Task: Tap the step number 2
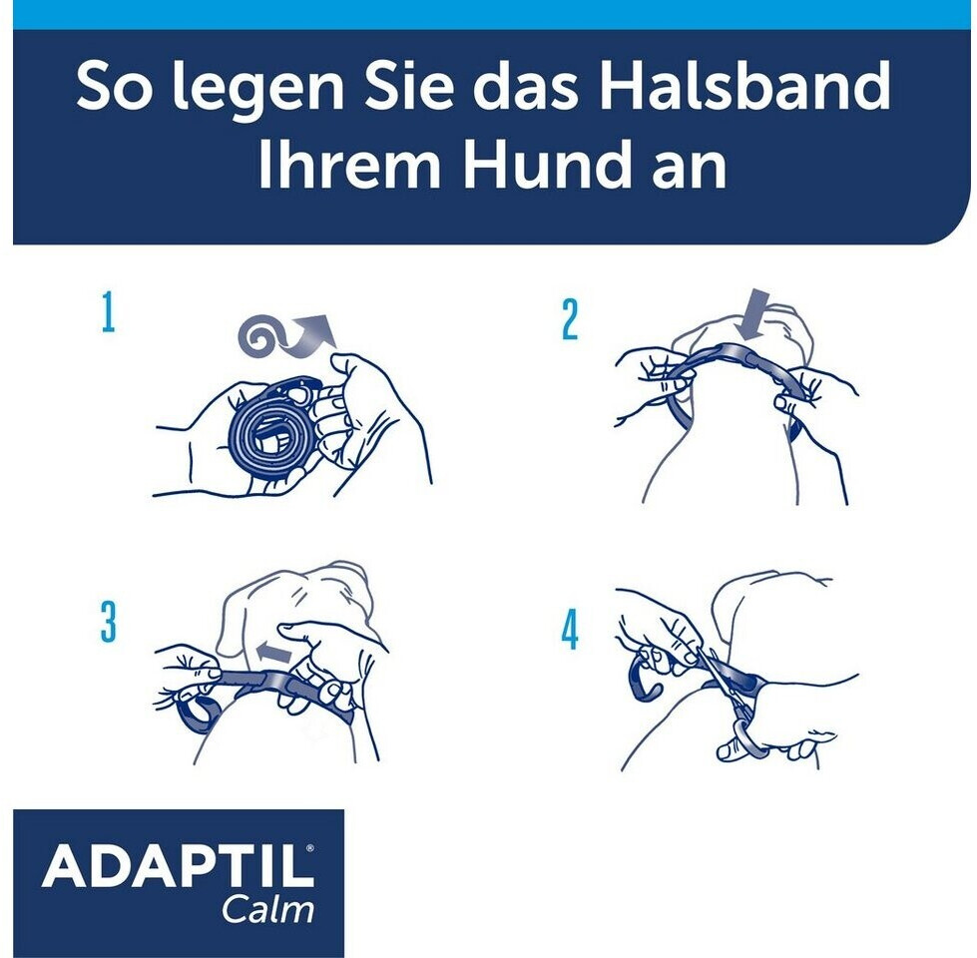click(570, 320)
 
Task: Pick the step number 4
click(570, 630)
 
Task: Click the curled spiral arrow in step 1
click(286, 333)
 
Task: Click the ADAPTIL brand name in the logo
click(179, 866)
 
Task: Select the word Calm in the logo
click(267, 910)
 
